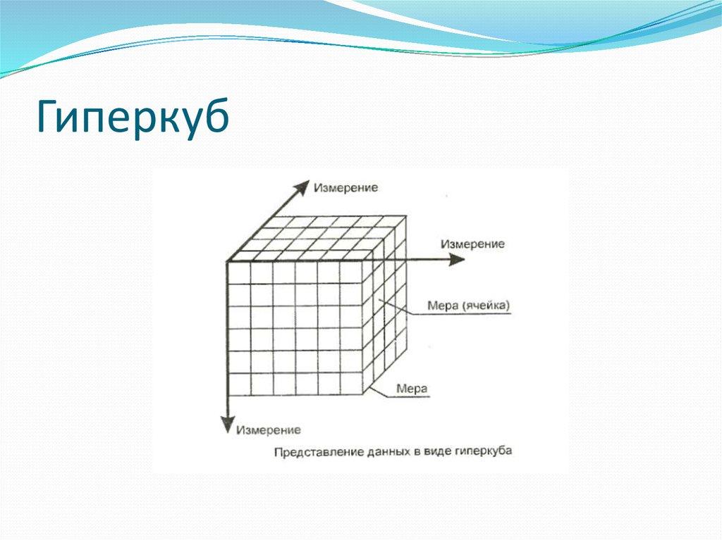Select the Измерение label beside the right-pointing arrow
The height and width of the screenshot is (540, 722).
point(472,244)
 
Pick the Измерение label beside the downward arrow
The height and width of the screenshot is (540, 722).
point(269,429)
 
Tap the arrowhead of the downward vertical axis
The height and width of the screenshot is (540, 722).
point(227,425)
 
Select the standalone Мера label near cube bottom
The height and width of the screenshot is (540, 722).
point(412,388)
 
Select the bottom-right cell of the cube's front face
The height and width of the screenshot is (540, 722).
point(350,384)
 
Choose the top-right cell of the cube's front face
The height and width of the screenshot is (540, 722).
point(350,273)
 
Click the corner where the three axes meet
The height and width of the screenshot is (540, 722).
point(228,262)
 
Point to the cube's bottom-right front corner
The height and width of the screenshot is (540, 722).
point(362,395)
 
